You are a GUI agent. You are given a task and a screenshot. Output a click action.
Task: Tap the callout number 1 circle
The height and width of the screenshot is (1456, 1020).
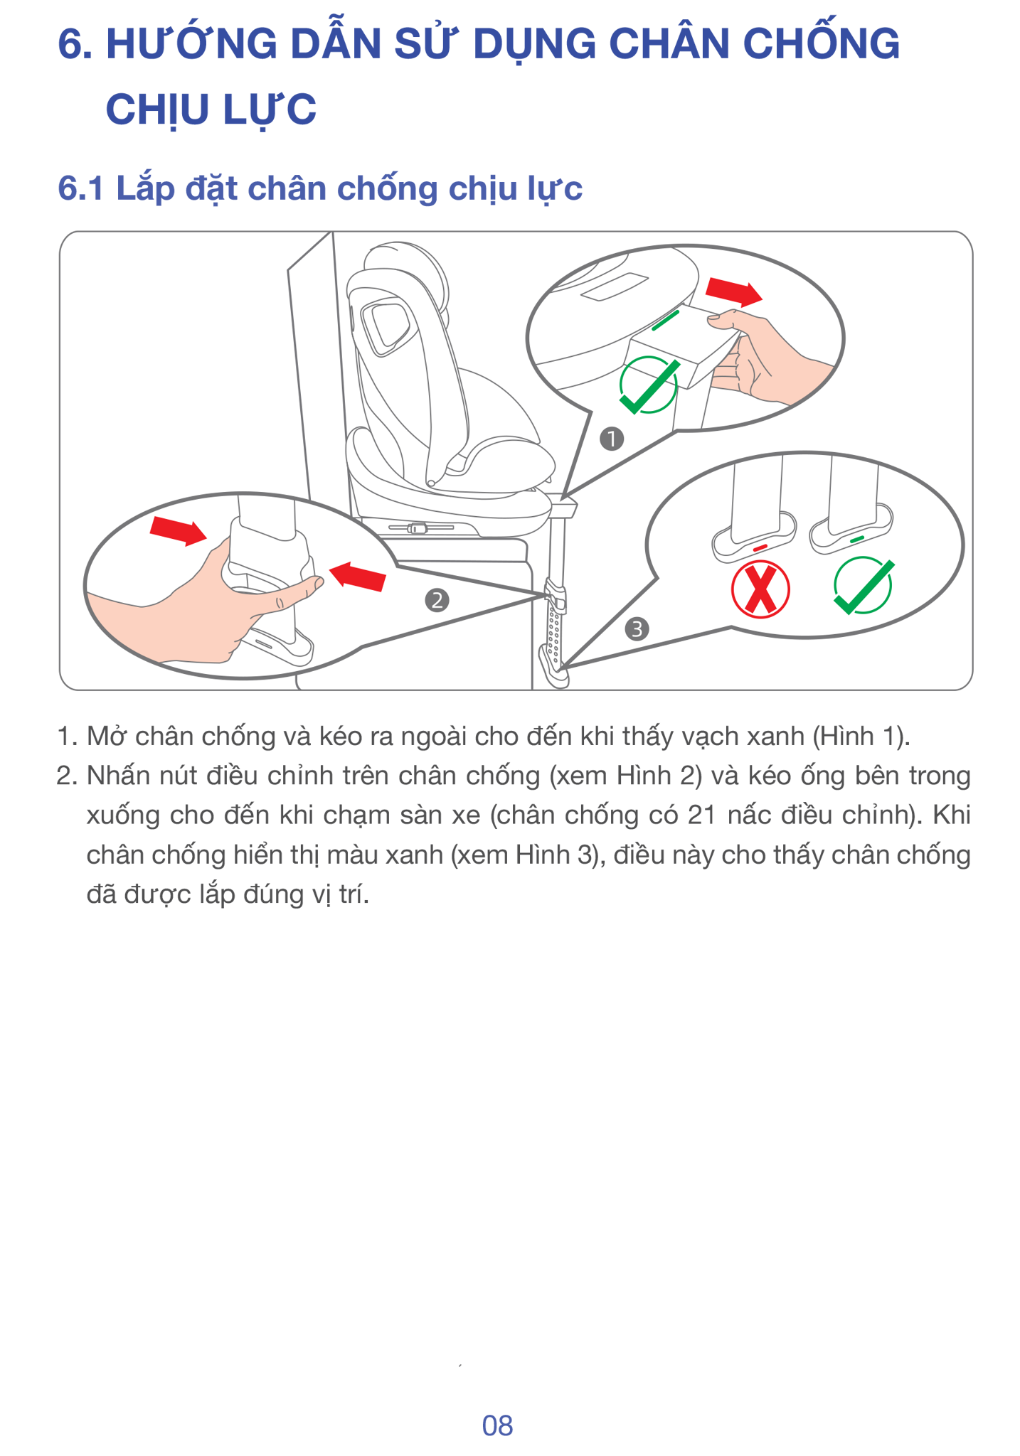611,439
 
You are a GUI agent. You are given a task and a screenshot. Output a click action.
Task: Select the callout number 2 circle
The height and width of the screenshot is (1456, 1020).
437,601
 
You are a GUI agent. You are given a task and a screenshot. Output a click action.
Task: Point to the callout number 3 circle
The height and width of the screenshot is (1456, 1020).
637,629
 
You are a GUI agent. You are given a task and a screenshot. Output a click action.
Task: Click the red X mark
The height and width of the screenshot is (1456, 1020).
760,589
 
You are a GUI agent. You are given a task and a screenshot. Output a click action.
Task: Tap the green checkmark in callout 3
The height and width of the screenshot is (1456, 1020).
864,587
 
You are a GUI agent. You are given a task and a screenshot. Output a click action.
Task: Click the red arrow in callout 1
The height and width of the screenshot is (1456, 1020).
733,291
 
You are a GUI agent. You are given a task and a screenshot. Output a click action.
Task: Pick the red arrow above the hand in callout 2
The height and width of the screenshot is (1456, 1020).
178,530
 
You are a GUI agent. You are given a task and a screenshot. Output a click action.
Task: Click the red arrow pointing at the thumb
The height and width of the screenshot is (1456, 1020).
358,576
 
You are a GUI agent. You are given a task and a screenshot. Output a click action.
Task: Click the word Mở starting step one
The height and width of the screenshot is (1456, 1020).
107,736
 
